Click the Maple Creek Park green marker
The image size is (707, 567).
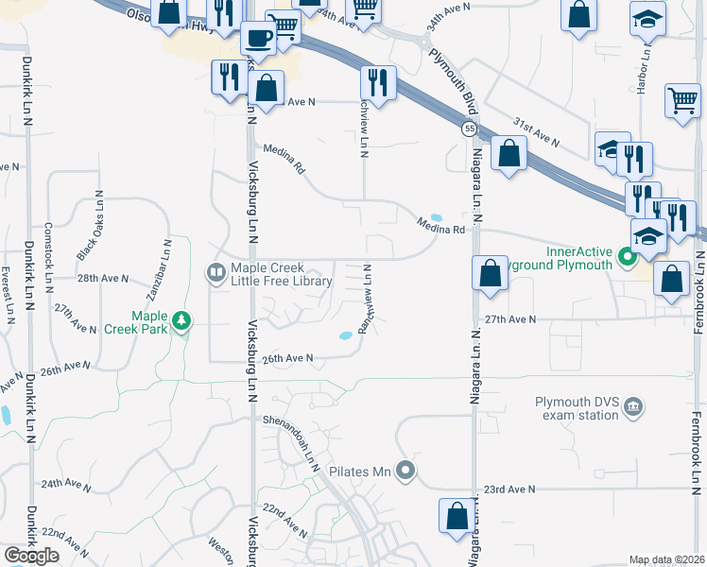(x=180, y=323)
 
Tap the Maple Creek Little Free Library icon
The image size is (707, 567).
(x=216, y=274)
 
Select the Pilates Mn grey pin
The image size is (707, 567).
(x=405, y=470)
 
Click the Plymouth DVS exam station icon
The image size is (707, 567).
(x=634, y=408)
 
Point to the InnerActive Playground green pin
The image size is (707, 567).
(x=625, y=257)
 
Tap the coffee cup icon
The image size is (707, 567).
(x=256, y=39)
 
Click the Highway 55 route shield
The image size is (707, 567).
(x=469, y=129)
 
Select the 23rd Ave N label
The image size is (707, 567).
(x=509, y=490)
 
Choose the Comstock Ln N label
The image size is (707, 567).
(x=48, y=249)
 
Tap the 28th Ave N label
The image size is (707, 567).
(x=101, y=279)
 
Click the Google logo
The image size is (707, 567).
(x=32, y=556)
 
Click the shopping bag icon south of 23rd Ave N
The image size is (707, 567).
(x=457, y=516)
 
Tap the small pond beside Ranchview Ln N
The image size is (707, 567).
(x=346, y=335)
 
